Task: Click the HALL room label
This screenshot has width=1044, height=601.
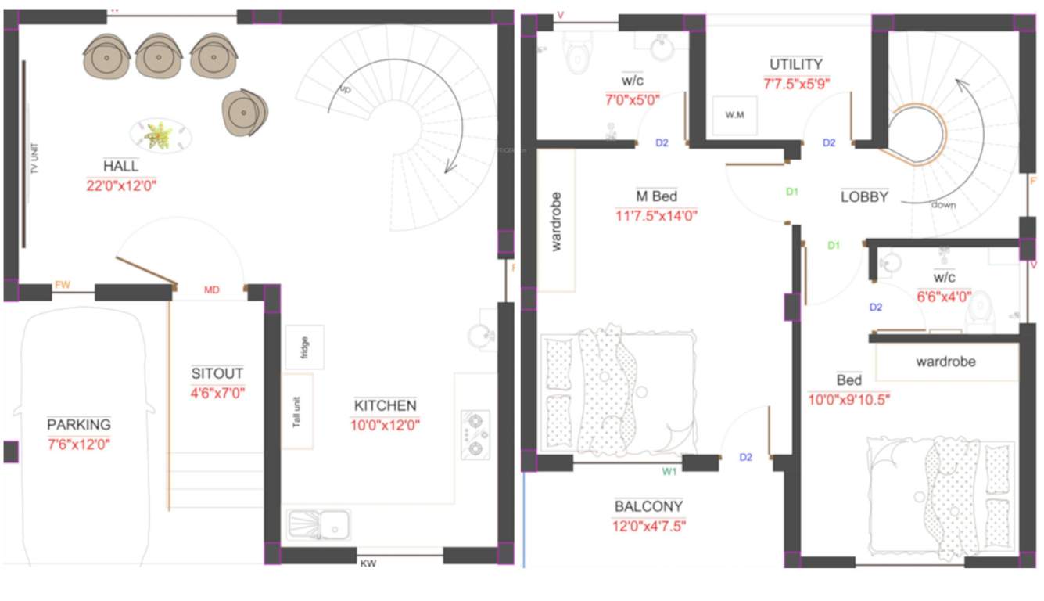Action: [x=121, y=166]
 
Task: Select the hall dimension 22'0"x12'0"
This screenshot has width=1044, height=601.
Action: [x=121, y=185]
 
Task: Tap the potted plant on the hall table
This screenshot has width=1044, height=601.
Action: [x=159, y=135]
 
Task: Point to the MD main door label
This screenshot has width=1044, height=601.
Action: [x=212, y=290]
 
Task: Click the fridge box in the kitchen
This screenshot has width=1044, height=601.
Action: [x=304, y=347]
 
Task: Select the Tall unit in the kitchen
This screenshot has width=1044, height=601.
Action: [x=297, y=410]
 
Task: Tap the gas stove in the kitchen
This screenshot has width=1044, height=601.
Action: [x=475, y=434]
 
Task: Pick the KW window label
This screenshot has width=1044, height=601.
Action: [x=368, y=563]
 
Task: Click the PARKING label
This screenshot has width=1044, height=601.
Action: [x=79, y=425]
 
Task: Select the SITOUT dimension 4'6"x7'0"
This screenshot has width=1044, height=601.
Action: [x=217, y=393]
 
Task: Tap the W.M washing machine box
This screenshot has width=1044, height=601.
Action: [x=734, y=116]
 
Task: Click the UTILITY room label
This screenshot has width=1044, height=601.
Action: [x=796, y=64]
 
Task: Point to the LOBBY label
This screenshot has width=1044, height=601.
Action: [x=864, y=197]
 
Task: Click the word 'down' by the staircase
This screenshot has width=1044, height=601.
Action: [x=943, y=205]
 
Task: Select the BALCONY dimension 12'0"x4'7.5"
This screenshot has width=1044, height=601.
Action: [x=648, y=526]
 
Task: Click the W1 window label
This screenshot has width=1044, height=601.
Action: [x=669, y=471]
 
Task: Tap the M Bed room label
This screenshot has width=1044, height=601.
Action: [x=656, y=196]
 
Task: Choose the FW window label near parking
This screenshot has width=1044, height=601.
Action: [x=63, y=285]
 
